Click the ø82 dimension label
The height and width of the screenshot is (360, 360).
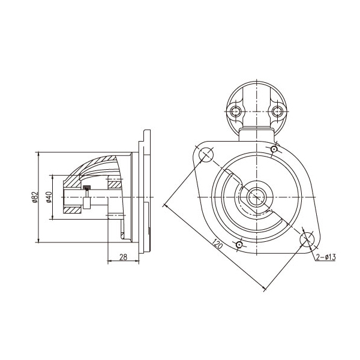[x=35, y=197]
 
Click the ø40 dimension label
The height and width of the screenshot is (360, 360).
[x=49, y=197]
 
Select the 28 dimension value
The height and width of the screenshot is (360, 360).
[x=123, y=257]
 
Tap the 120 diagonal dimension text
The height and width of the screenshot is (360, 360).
[x=217, y=244]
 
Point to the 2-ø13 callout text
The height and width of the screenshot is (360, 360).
[x=326, y=257]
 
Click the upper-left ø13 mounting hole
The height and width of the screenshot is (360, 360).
[x=206, y=155]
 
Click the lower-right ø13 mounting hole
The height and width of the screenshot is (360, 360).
[x=307, y=239]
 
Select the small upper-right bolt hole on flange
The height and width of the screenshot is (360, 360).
[x=274, y=149]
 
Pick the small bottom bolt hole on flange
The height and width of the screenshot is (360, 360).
[x=239, y=245]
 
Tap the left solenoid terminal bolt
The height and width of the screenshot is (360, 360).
[x=235, y=112]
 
